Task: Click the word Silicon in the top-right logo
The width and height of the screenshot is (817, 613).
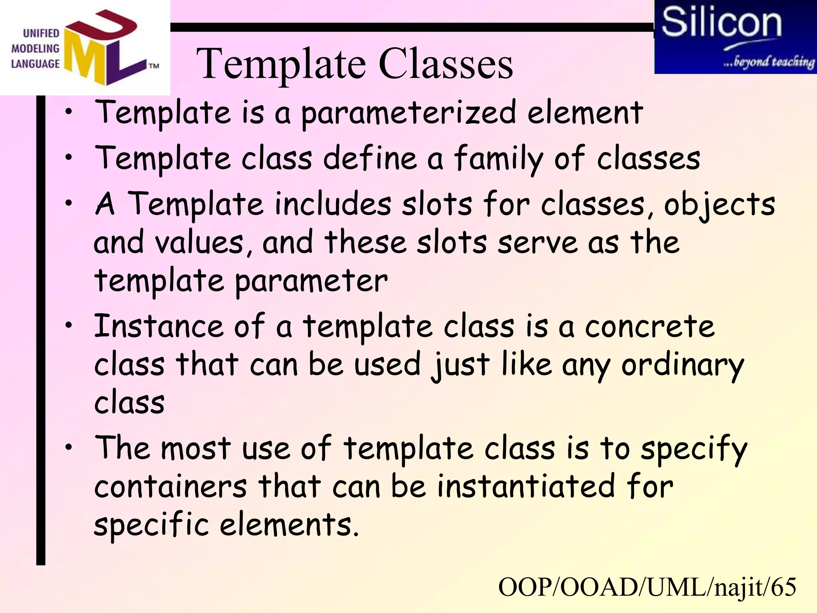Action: pos(721,23)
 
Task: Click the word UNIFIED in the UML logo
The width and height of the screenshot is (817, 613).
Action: pos(41,33)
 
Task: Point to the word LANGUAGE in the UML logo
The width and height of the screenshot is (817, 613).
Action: pos(35,64)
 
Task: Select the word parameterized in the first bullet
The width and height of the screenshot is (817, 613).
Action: pos(408,114)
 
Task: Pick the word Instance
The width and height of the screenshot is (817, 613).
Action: pos(158,326)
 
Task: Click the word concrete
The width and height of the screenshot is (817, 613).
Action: pos(649,326)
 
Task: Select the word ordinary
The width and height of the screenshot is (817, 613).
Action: pos(683,365)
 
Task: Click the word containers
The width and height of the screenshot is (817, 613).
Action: pos(170,487)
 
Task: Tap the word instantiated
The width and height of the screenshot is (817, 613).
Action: pos(526,487)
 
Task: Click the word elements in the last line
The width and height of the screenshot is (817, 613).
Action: pos(289,525)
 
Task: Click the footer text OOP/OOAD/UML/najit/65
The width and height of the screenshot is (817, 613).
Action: pos(647,587)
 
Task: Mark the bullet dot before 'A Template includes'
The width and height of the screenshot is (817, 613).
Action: pos(69,203)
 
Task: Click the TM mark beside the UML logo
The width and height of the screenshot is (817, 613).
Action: pos(154,66)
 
